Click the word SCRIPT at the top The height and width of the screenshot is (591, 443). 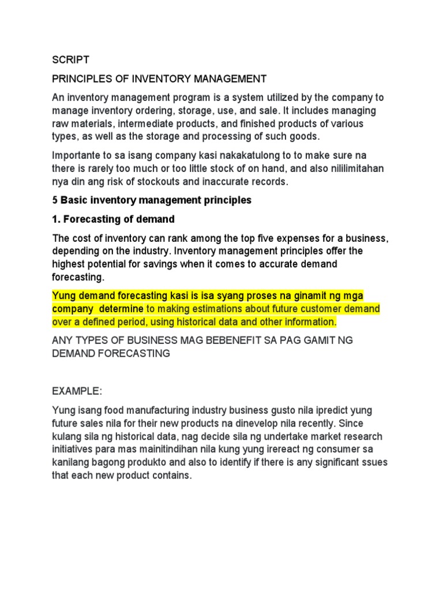71,59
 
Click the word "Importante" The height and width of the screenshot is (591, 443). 80,155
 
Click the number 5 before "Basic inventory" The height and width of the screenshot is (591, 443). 55,201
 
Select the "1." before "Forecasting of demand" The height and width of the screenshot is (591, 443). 57,219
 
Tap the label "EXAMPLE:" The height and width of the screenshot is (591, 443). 77,391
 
